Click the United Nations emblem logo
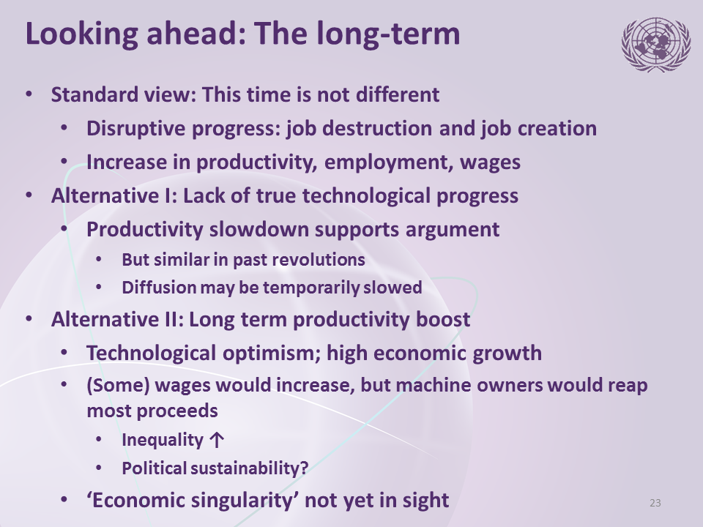click(655, 44)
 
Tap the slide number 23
click(655, 503)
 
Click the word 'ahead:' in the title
click(196, 34)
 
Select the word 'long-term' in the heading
click(388, 35)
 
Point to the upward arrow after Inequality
click(217, 440)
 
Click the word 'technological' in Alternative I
click(366, 196)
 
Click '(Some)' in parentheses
click(118, 386)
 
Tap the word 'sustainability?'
click(249, 468)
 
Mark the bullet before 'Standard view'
click(29, 95)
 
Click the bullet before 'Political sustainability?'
click(99, 468)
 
